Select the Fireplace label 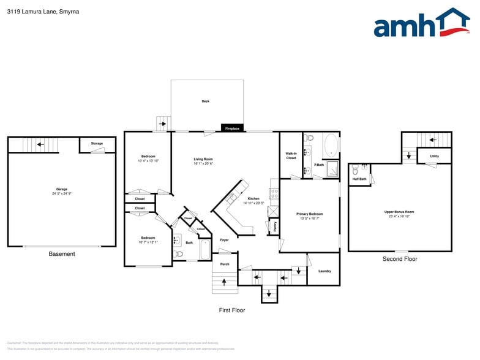click(x=232, y=129)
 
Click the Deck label click(x=206, y=101)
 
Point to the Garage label click(x=62, y=189)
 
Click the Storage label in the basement click(x=97, y=143)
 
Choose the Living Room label click(x=203, y=159)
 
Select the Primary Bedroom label click(x=309, y=214)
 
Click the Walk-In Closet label click(x=291, y=156)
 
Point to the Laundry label click(x=324, y=271)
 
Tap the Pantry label click(x=275, y=227)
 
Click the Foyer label click(x=224, y=240)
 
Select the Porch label click(x=225, y=264)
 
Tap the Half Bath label click(x=359, y=179)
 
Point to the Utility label click(x=434, y=156)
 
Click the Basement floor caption click(x=62, y=254)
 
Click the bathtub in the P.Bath click(x=330, y=145)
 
